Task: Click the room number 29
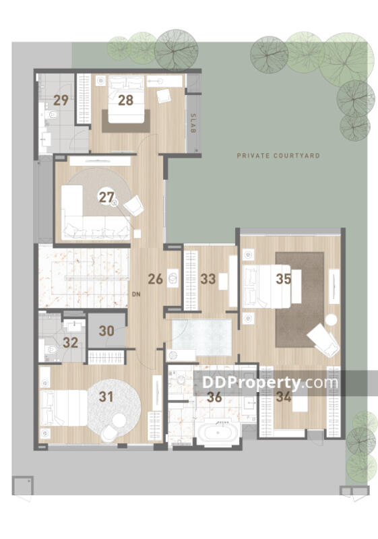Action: tap(61, 100)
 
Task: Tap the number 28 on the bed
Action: tap(126, 100)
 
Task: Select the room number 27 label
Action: tap(106, 197)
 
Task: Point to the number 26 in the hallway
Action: tap(156, 279)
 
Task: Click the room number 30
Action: tap(106, 331)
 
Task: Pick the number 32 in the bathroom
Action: tap(71, 342)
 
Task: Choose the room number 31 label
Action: tap(106, 397)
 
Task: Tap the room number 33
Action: tap(208, 279)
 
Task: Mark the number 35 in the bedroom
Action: tap(284, 279)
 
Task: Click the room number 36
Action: tap(214, 397)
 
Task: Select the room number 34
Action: tap(284, 397)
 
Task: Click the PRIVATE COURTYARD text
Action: tap(278, 156)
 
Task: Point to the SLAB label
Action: tap(193, 123)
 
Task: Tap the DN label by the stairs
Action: tap(136, 294)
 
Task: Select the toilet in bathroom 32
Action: tap(51, 350)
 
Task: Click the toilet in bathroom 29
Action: tap(51, 114)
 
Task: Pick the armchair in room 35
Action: tap(323, 340)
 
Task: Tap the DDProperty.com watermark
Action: tap(270, 382)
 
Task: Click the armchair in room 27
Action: tap(133, 205)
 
